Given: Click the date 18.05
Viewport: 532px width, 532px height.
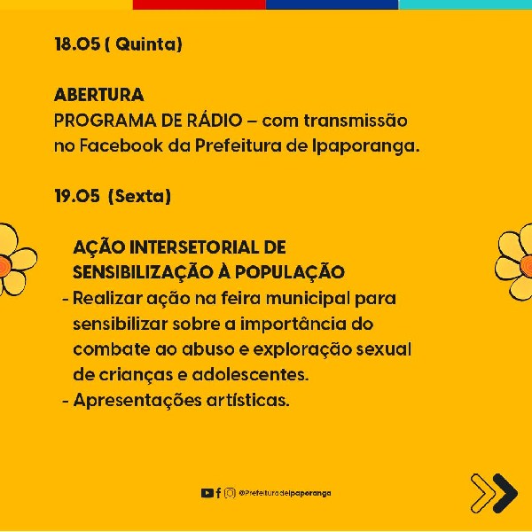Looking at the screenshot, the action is (x=77, y=44).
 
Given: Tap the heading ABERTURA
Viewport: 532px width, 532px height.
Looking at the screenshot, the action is (x=99, y=95).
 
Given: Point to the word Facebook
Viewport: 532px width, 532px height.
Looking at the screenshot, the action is (x=121, y=146).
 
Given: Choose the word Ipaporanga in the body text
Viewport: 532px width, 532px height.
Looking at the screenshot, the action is (x=363, y=147).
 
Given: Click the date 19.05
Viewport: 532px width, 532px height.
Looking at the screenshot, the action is (x=77, y=196).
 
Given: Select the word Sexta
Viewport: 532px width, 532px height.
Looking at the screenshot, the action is (x=139, y=196).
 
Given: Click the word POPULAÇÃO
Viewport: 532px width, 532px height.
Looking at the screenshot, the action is (x=289, y=271).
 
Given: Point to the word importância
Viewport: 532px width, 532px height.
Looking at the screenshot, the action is (x=291, y=325).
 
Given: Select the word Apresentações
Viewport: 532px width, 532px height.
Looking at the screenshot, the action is (x=137, y=401).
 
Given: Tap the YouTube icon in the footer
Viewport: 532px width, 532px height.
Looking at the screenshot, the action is (x=207, y=493).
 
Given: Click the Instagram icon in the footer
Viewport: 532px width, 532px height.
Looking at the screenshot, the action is (x=230, y=493).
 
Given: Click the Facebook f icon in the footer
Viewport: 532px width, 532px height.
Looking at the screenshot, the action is (x=218, y=493).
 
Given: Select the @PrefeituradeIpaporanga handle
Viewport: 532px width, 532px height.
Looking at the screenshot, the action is (x=285, y=493).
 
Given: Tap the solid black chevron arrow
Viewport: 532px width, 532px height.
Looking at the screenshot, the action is (x=505, y=493).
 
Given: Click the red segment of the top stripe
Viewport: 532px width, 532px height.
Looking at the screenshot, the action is (x=199, y=4).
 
